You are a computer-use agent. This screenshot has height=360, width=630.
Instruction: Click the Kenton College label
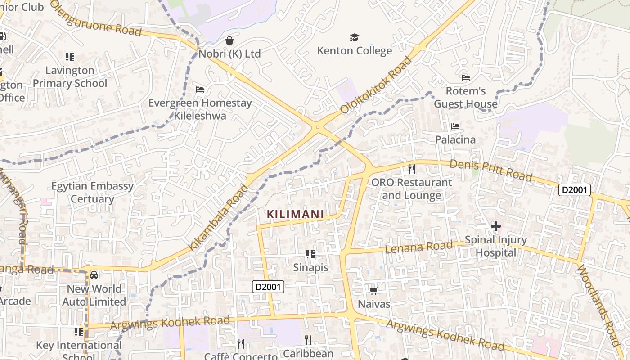click(x=355, y=50)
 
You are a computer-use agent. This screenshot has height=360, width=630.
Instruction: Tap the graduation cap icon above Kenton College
click(x=355, y=37)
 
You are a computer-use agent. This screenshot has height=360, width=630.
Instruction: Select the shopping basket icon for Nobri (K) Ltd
click(x=229, y=41)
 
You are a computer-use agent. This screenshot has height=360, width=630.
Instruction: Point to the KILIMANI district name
click(x=296, y=214)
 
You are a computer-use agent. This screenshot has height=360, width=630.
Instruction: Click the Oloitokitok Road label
click(x=376, y=85)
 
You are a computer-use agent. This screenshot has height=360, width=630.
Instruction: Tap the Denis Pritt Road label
click(x=491, y=171)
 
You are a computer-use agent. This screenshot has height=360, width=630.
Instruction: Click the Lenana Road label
click(x=419, y=247)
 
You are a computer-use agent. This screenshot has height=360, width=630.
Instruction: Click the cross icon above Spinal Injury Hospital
click(x=495, y=226)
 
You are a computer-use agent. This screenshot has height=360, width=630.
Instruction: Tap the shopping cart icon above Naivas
click(x=373, y=291)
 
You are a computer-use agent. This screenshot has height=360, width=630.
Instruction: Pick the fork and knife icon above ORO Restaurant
click(x=411, y=169)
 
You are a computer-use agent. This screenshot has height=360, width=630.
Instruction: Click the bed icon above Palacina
click(x=455, y=126)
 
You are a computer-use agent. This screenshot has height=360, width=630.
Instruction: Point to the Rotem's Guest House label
click(x=466, y=97)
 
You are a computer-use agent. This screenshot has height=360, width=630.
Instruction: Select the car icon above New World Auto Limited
click(x=94, y=275)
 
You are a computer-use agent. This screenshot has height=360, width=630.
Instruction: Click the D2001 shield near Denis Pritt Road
click(x=574, y=190)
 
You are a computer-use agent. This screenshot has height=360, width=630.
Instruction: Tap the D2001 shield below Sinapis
click(x=268, y=287)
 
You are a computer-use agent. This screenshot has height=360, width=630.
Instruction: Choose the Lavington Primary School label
click(x=70, y=77)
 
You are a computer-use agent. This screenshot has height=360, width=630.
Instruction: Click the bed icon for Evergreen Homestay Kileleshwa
click(x=200, y=90)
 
